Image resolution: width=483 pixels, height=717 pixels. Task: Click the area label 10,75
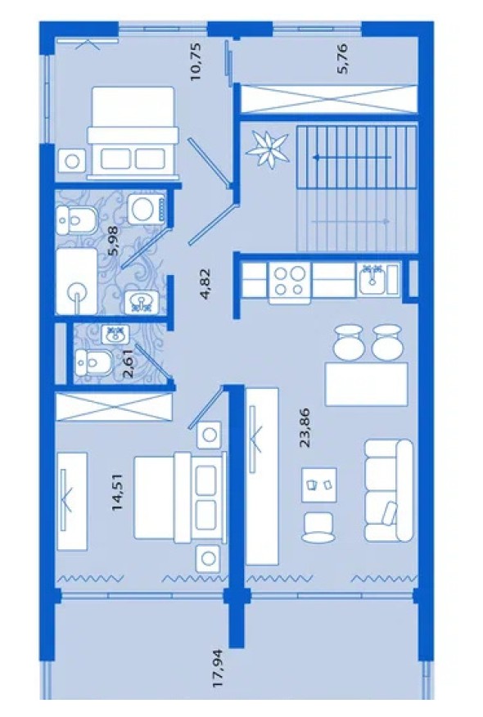196,61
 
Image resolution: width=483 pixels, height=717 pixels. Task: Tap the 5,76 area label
342,58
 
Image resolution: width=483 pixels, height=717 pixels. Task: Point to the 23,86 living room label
305,427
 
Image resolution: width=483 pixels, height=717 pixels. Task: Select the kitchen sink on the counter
372,279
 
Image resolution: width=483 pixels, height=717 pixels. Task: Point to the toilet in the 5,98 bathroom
75,220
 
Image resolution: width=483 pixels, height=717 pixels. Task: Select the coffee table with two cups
319,485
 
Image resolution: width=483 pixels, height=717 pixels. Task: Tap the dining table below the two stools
367,384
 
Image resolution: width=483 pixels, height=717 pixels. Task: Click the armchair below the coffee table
318,527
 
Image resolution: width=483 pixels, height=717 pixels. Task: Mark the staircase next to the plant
357,188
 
